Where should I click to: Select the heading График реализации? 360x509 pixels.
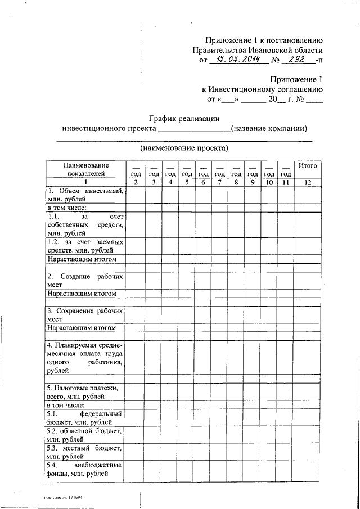pyautogui.click(x=184, y=118)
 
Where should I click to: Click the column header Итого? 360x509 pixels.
pyautogui.click(x=308, y=166)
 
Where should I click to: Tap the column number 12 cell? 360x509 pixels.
pyautogui.click(x=308, y=182)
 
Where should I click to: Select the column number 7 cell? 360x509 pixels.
pyautogui.click(x=220, y=182)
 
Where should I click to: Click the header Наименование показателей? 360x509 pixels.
pyautogui.click(x=85, y=170)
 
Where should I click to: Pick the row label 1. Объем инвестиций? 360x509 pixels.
pyautogui.click(x=85, y=196)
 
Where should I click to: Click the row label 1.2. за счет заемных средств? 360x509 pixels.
pyautogui.click(x=85, y=245)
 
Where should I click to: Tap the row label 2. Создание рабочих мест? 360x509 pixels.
pyautogui.click(x=85, y=281)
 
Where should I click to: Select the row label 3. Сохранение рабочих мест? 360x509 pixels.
pyautogui.click(x=85, y=314)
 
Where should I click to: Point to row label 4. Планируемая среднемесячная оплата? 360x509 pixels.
pyautogui.click(x=85, y=358)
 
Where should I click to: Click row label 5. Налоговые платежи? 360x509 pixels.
pyautogui.click(x=85, y=392)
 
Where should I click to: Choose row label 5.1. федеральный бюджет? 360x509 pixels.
pyautogui.click(x=85, y=417)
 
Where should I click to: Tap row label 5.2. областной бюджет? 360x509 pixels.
pyautogui.click(x=85, y=435)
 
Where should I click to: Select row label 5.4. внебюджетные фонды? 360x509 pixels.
pyautogui.click(x=85, y=469)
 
